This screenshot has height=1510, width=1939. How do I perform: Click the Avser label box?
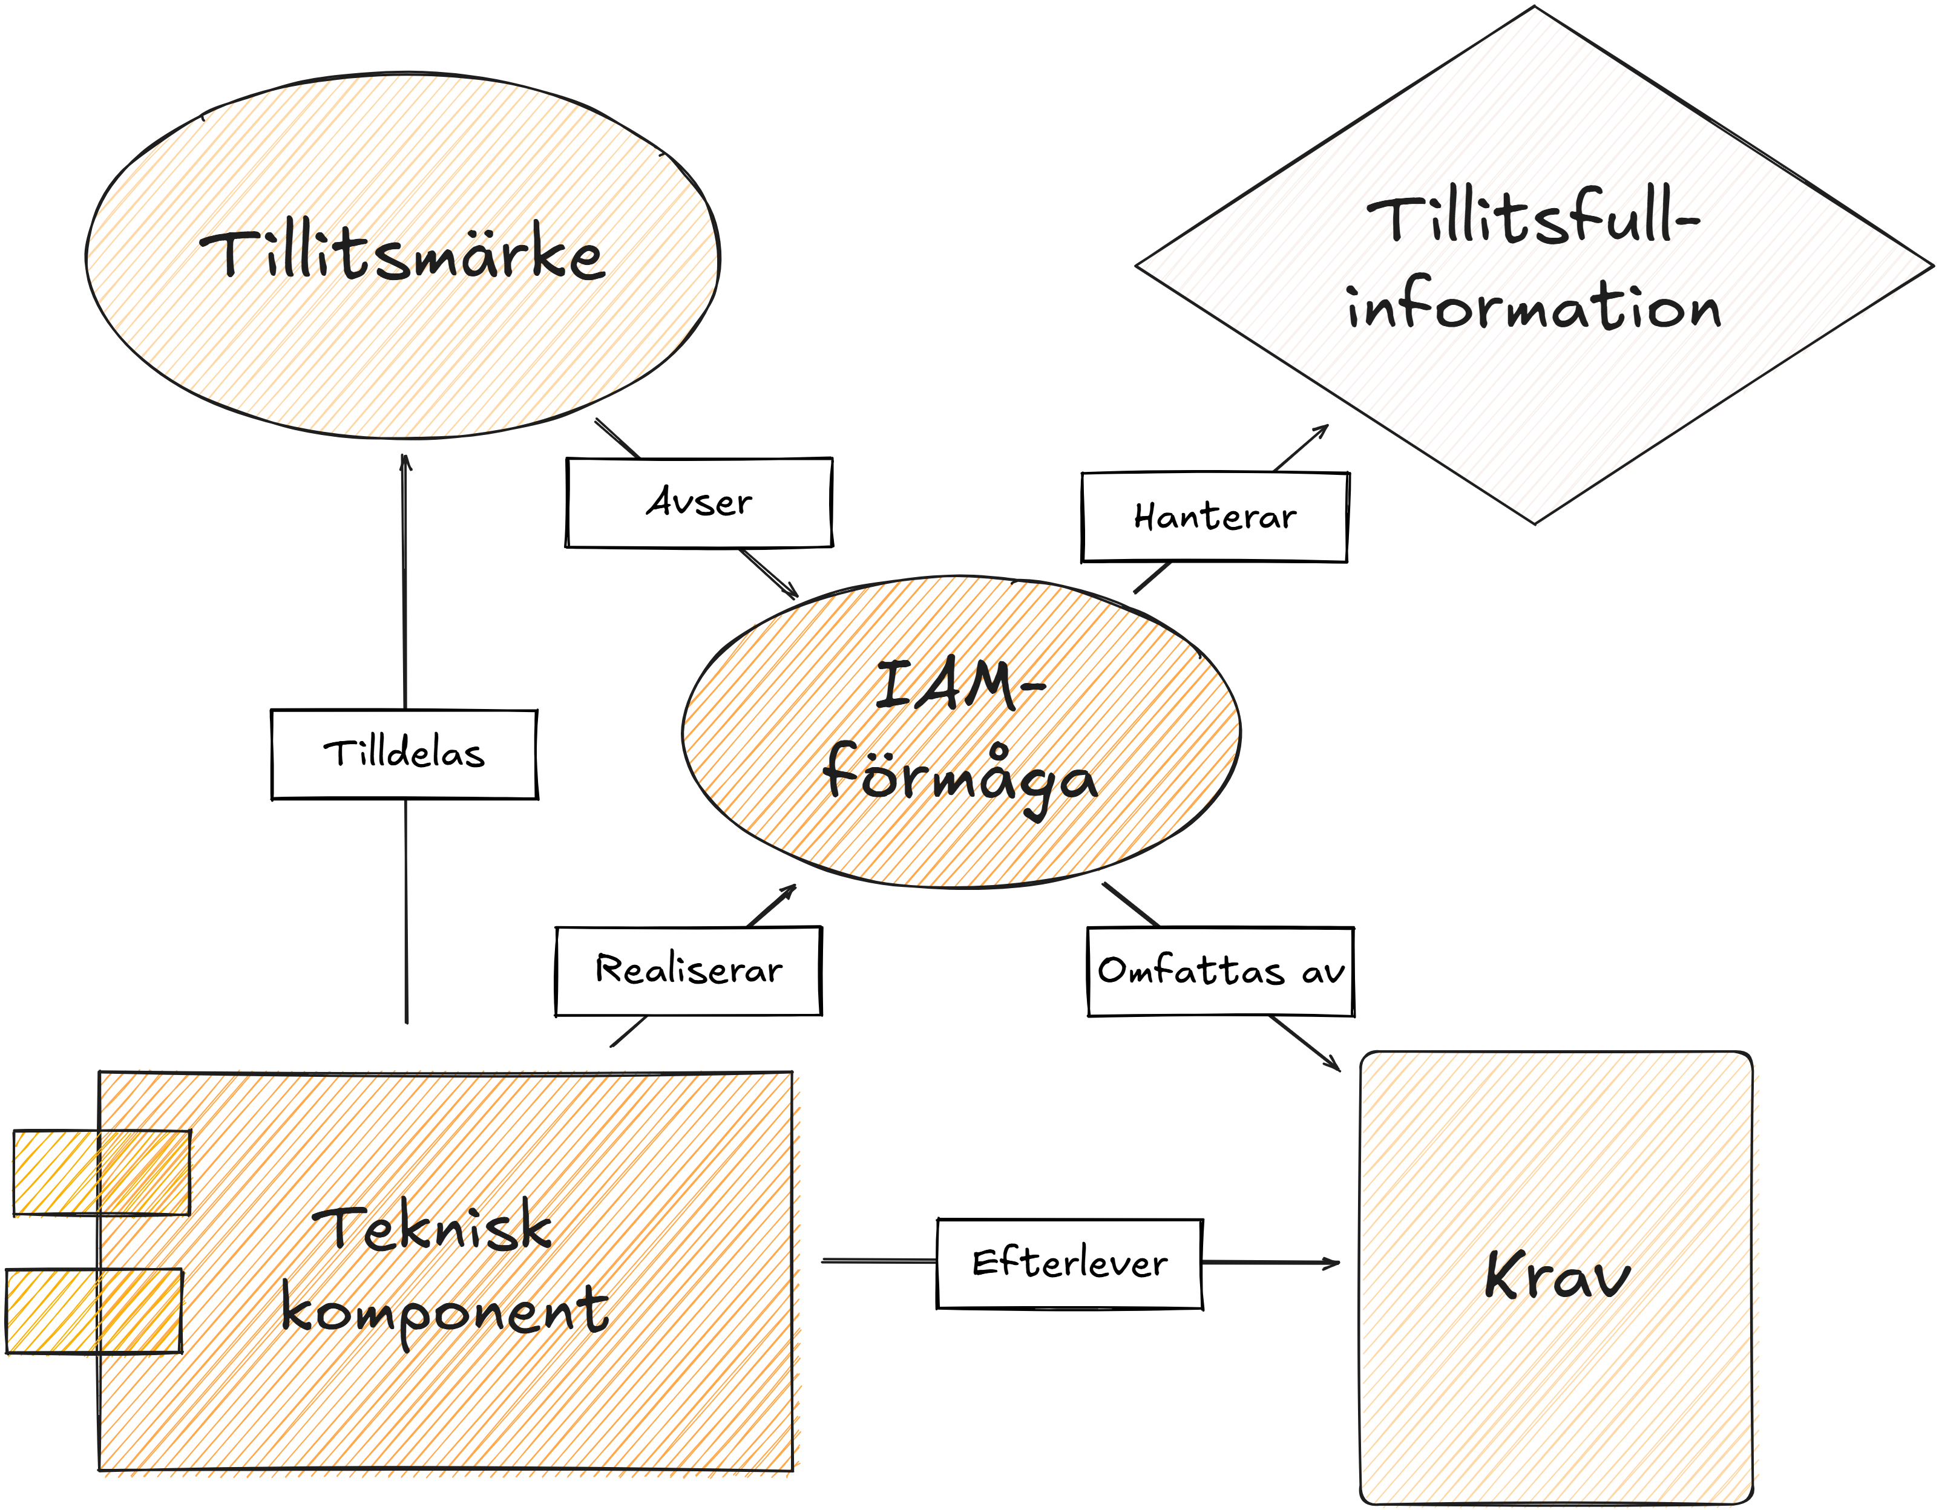[699, 503]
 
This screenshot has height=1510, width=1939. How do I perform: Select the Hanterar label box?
[1215, 517]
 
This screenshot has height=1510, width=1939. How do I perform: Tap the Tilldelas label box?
[405, 754]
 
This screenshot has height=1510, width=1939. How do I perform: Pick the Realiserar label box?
[689, 970]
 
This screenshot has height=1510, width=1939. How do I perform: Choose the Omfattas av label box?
[1221, 971]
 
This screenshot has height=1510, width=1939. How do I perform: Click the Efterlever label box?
[1070, 1263]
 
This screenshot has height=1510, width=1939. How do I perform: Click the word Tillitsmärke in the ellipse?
[403, 256]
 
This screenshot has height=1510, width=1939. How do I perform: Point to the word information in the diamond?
[1534, 304]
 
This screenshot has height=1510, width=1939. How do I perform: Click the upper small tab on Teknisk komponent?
[101, 1172]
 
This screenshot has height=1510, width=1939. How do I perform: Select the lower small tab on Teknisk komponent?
[94, 1311]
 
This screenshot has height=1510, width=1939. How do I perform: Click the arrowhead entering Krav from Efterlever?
[1332, 1263]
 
